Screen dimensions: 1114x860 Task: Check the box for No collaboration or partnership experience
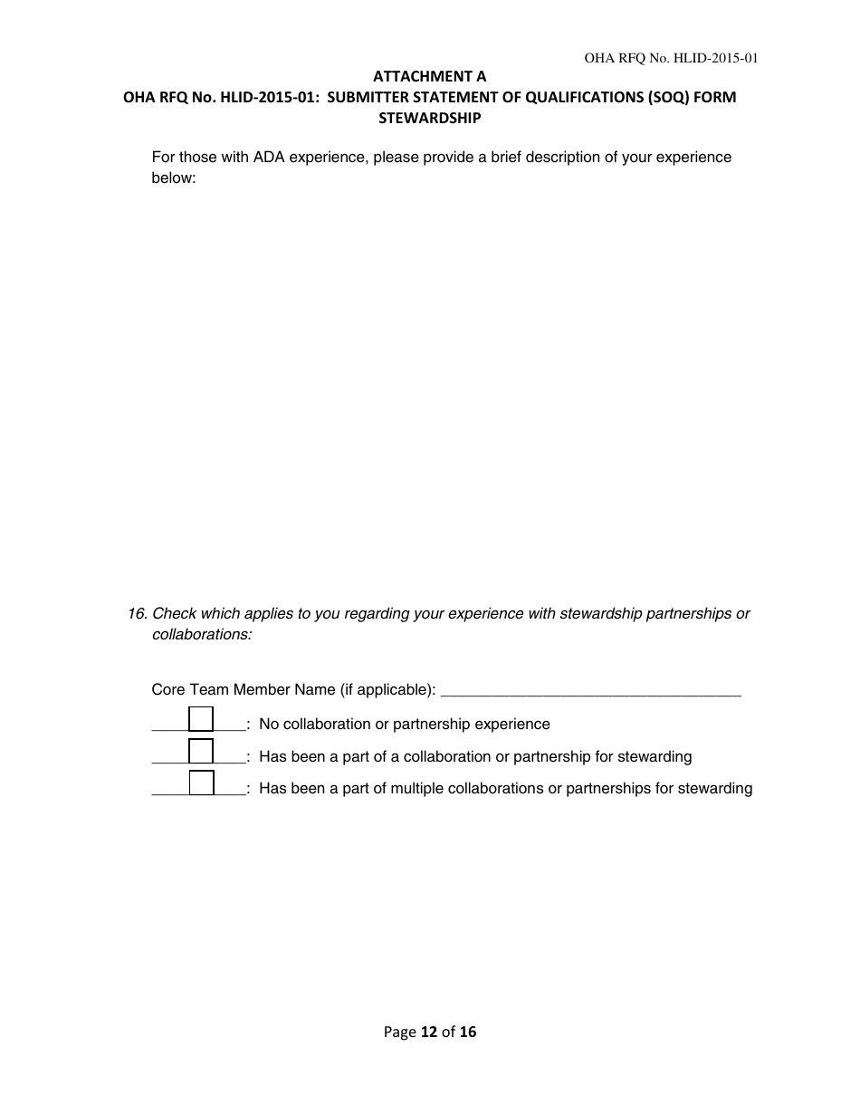tap(201, 719)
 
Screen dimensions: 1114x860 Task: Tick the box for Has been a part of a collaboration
tap(201, 752)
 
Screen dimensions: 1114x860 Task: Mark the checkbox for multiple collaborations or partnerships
tap(201, 783)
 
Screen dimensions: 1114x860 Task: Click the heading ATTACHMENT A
tap(429, 77)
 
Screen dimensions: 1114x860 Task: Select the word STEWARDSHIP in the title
tap(429, 118)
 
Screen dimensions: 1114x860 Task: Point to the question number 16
tap(137, 614)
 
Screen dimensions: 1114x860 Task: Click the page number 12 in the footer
tap(429, 1032)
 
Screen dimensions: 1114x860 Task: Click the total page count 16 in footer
tap(467, 1032)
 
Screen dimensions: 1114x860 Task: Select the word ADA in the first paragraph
tap(269, 158)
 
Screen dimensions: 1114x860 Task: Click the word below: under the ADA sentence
tap(174, 178)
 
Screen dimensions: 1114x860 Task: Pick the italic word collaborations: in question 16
tap(202, 635)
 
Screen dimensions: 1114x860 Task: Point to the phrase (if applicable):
tap(387, 690)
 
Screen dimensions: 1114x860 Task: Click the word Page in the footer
tap(400, 1032)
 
